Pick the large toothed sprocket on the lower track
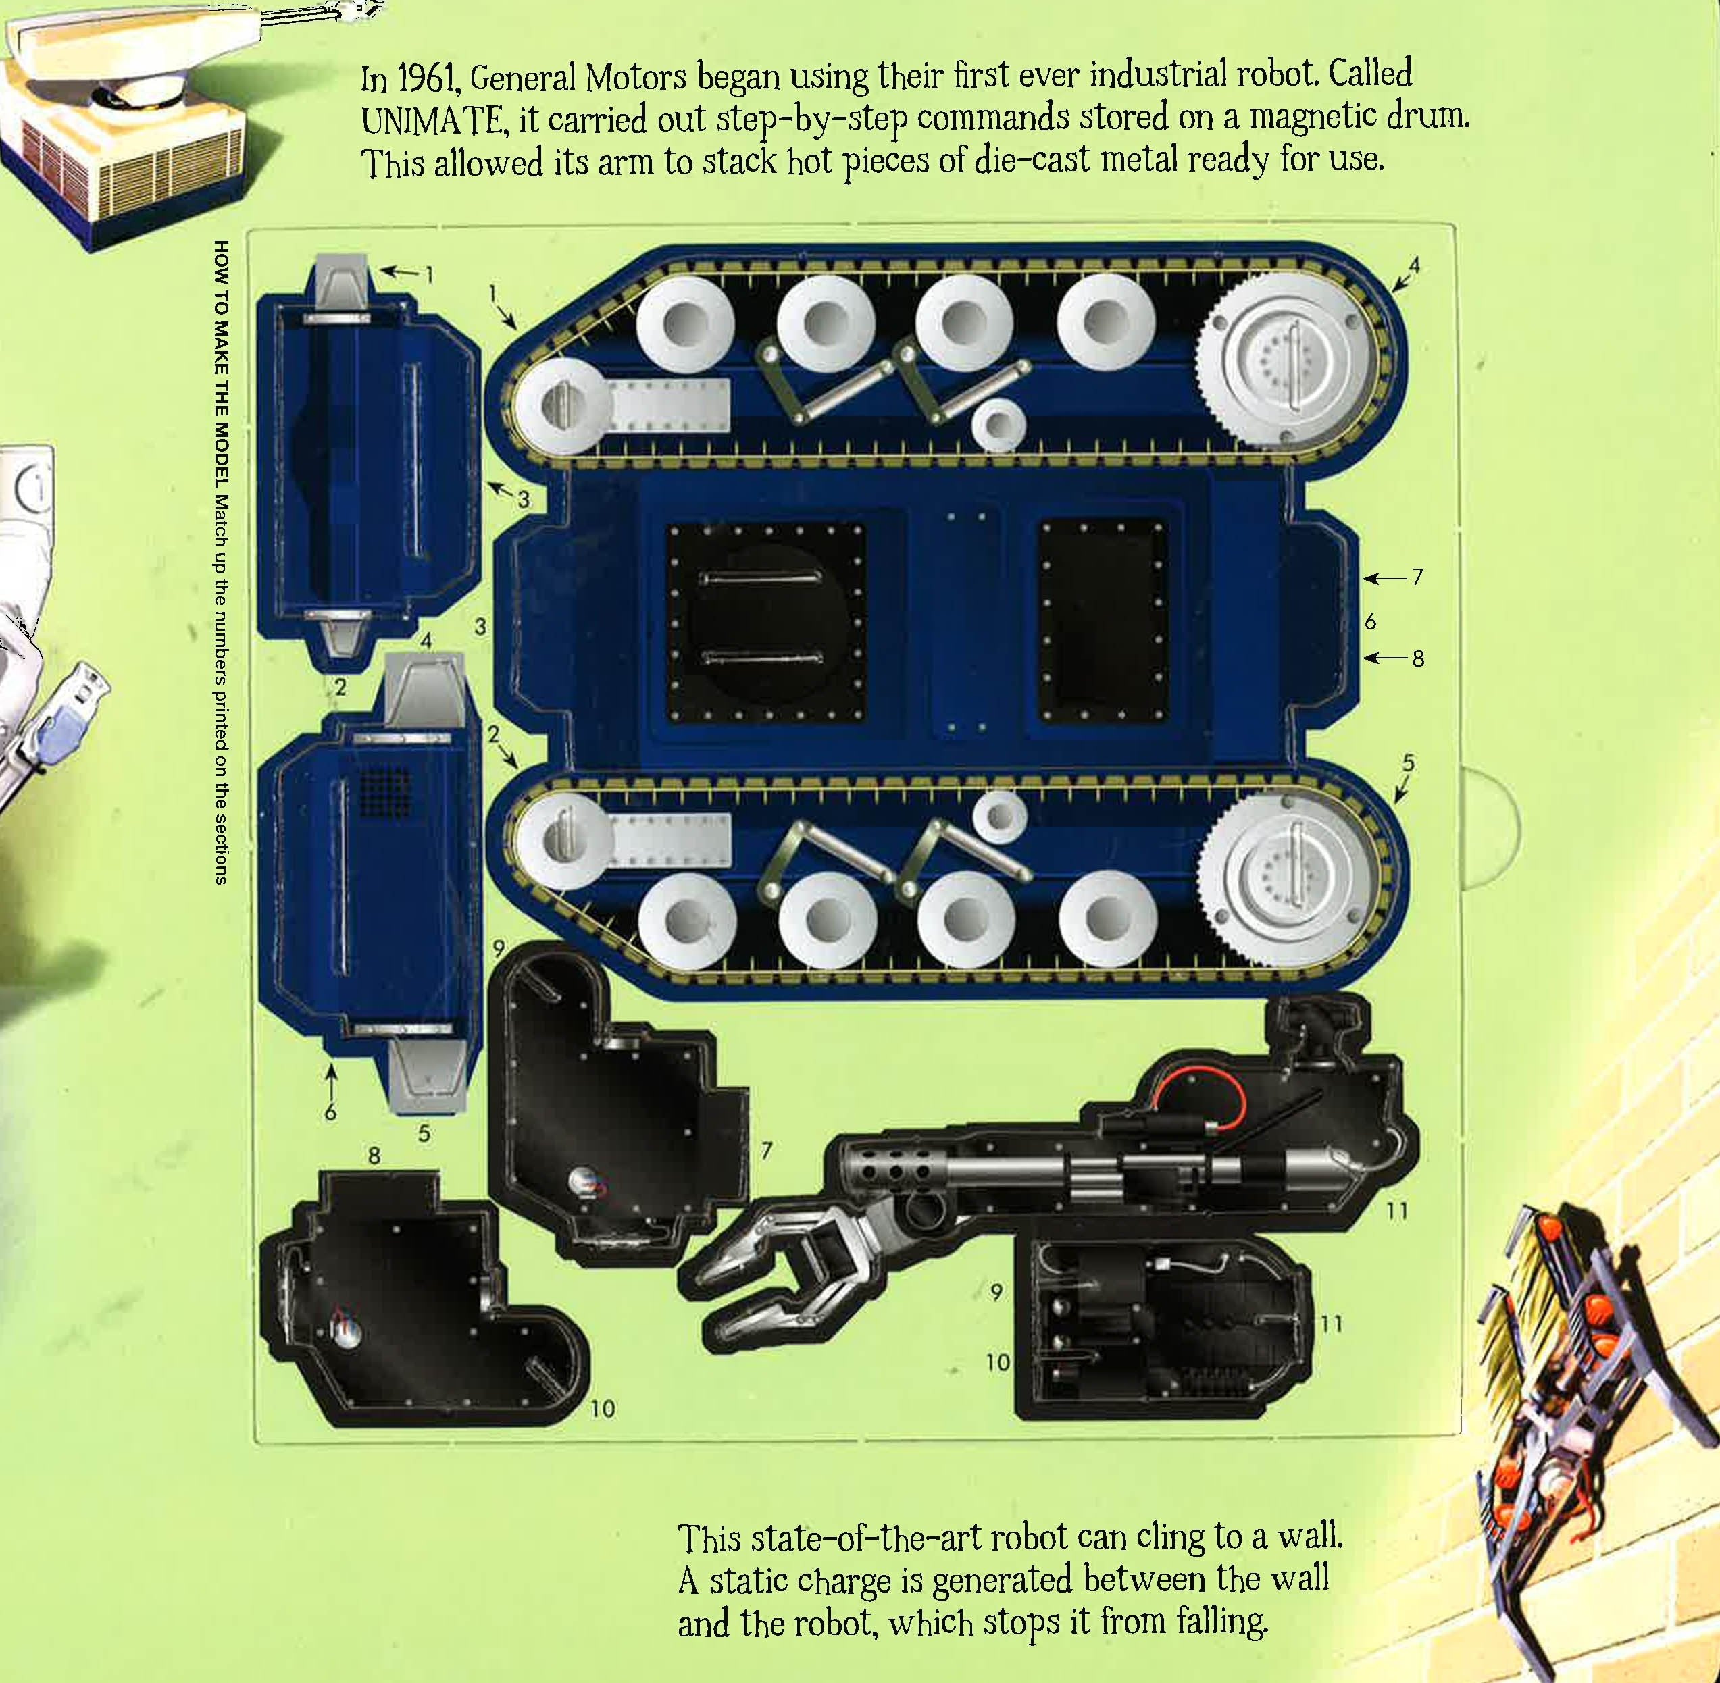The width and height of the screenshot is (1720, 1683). [1287, 870]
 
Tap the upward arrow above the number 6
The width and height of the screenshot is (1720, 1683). [332, 1082]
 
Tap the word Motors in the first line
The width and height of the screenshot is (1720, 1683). [635, 78]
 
